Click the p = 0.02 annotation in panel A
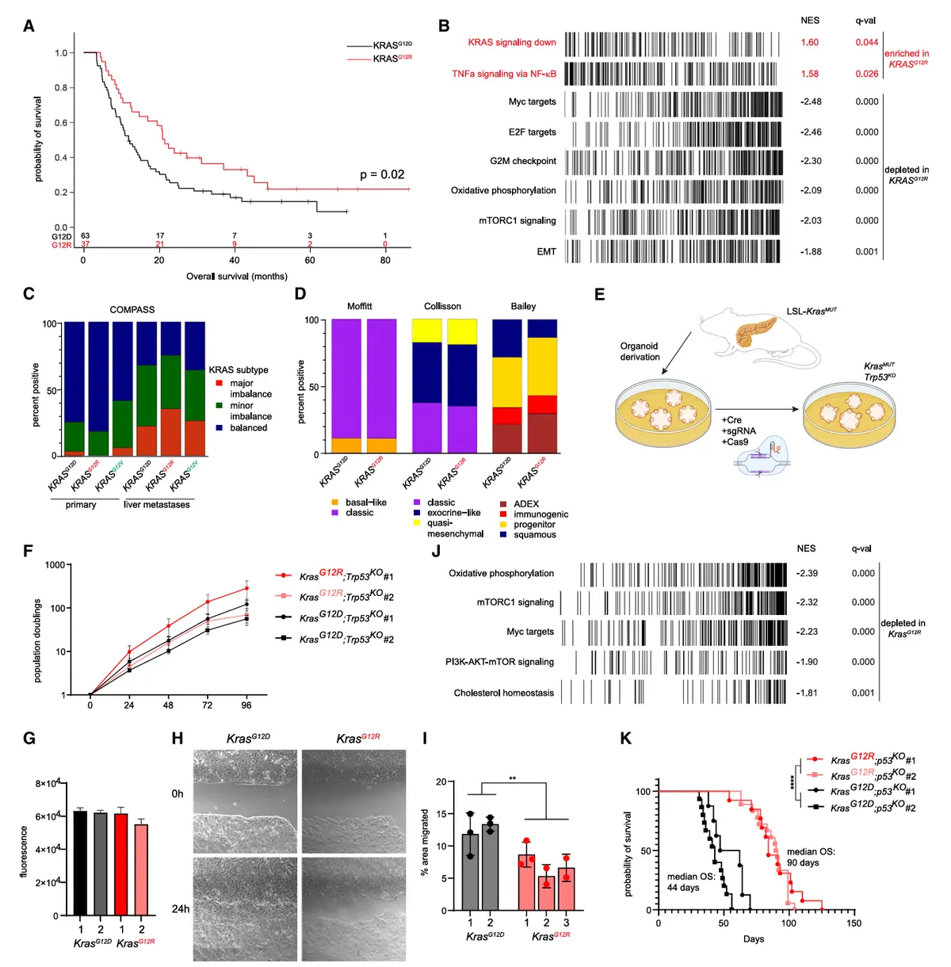(382, 174)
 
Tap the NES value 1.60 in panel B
(809, 43)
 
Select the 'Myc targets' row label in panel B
(532, 101)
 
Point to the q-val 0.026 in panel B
(866, 74)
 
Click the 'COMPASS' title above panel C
(132, 309)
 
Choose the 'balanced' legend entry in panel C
(248, 428)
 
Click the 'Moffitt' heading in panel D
(359, 306)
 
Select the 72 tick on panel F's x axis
(207, 705)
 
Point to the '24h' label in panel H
(181, 908)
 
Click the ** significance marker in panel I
(512, 778)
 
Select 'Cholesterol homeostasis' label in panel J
(503, 693)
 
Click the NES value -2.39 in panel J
(807, 573)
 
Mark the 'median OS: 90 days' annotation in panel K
(811, 857)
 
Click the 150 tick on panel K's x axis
(854, 923)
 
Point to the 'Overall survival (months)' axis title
(236, 276)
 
